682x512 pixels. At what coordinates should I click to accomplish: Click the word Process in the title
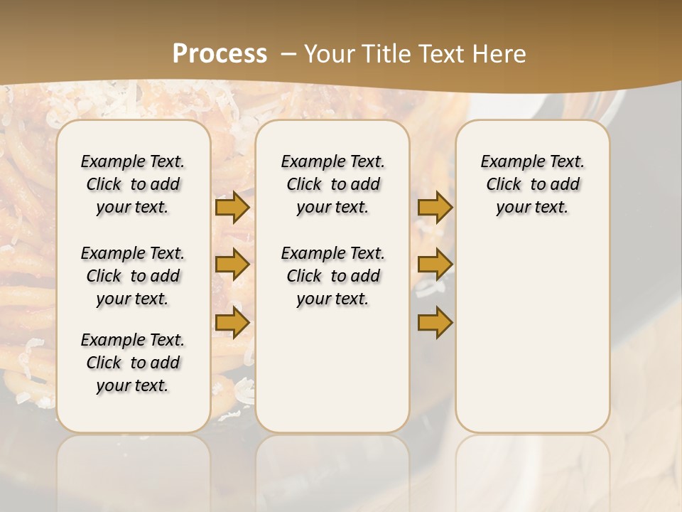coord(220,53)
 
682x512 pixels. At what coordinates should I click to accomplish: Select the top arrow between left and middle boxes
coord(232,207)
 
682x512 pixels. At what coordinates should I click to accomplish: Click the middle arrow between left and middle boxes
coord(232,265)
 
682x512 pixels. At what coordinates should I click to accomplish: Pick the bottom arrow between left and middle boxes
coord(232,323)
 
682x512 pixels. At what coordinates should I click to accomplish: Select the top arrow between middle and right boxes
coord(435,207)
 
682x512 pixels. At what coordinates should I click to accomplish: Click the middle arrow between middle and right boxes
coord(435,265)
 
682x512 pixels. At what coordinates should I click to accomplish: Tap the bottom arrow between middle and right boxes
coord(435,323)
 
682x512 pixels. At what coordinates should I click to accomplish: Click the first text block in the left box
coord(133,184)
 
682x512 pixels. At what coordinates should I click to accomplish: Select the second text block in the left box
coord(133,276)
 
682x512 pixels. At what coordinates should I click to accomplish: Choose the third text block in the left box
coord(133,363)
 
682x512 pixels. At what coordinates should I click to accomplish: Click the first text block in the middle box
coord(333,184)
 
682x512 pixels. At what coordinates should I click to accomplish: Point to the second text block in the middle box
coord(333,276)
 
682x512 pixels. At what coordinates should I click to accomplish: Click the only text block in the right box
coord(533,184)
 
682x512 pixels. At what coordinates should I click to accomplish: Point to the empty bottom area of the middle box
coord(332,377)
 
